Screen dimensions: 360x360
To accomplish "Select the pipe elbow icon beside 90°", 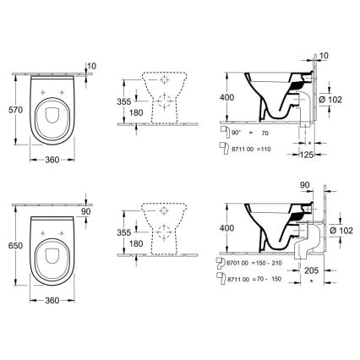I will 221,133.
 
